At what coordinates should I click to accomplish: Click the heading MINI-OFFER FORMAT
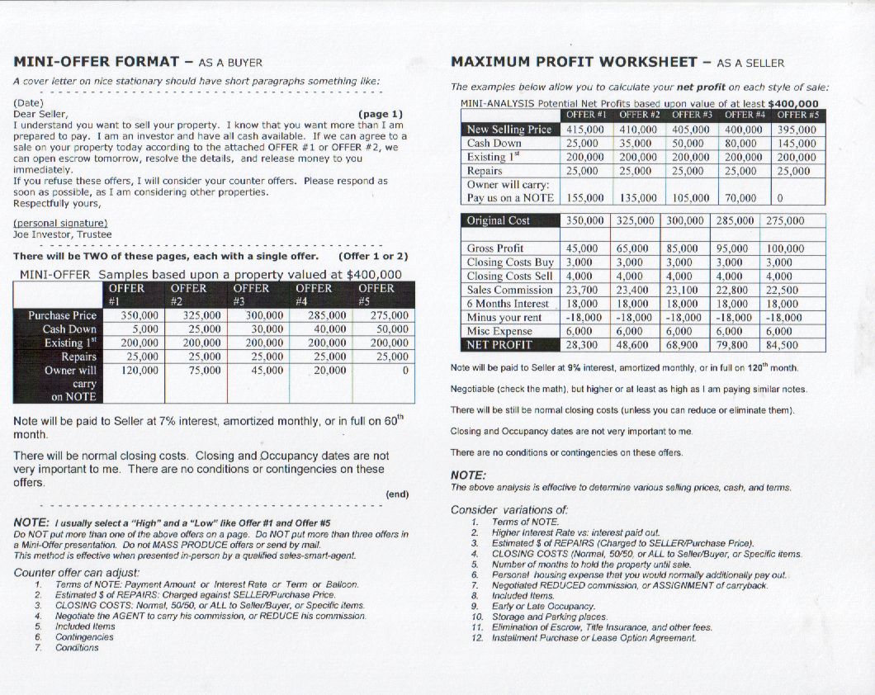pos(96,62)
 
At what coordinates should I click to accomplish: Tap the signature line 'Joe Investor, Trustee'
pos(63,234)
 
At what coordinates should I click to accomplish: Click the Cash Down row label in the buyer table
pos(70,329)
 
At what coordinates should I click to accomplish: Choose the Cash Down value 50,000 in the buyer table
pos(388,329)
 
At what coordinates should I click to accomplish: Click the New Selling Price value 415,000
pos(585,130)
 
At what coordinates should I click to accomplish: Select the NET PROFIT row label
pos(499,345)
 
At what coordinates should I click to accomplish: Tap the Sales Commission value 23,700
pos(583,290)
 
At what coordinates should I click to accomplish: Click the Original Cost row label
pos(499,220)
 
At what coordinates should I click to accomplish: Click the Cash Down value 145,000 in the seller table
pos(796,144)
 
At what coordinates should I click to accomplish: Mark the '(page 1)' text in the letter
pos(381,114)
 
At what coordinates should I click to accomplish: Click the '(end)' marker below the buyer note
pos(397,494)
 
